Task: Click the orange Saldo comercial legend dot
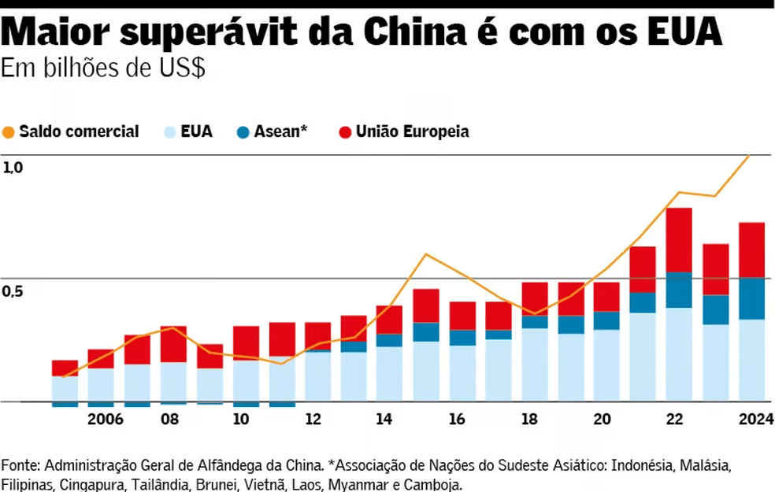pos(9,132)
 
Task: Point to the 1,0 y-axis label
pos(13,167)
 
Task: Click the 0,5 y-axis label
pos(13,291)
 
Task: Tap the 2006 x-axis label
pos(106,419)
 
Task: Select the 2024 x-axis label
pos(755,419)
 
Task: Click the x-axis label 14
pos(384,419)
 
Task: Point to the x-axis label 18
pos(529,419)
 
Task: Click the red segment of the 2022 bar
pos(678,239)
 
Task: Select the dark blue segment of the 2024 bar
pos(751,298)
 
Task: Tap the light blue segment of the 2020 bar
pos(606,364)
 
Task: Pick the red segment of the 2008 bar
pos(173,344)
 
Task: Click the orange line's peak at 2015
pos(425,254)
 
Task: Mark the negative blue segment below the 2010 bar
pos(246,404)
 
